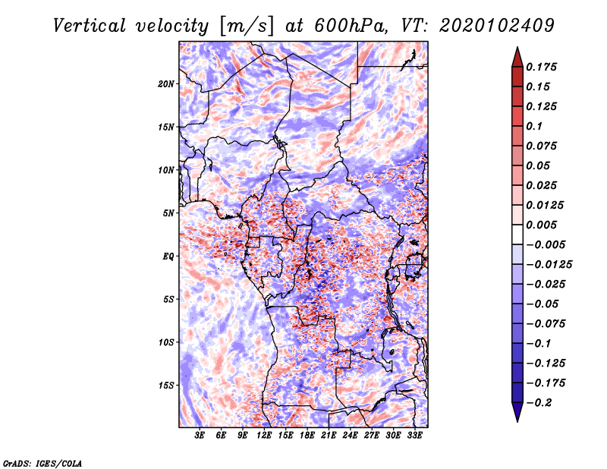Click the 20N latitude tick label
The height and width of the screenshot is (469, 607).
coord(166,83)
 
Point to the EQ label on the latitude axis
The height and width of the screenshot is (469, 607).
coord(168,257)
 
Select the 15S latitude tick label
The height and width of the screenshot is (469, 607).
coord(166,386)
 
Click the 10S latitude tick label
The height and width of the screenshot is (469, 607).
coord(166,342)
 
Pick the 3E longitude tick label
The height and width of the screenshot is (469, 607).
coord(200,436)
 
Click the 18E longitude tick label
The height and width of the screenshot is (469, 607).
coord(307,436)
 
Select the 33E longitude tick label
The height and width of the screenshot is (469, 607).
coord(414,436)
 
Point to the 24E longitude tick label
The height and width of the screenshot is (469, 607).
coord(350,436)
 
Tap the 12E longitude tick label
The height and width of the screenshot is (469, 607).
coord(264,436)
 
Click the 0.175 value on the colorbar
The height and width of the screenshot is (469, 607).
coord(543,67)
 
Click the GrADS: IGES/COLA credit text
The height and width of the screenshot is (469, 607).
coord(42,462)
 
